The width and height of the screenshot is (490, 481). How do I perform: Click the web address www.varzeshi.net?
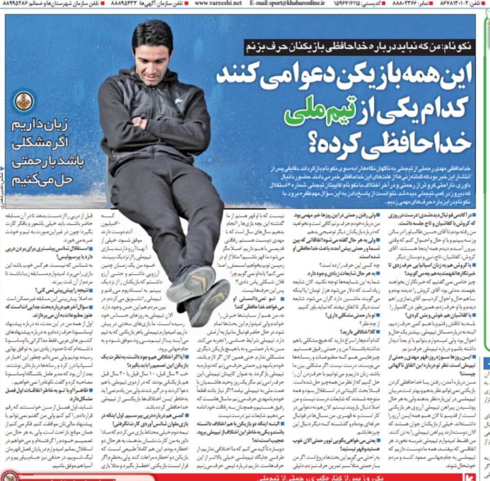218,4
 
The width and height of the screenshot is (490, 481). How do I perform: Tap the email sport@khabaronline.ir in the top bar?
287,4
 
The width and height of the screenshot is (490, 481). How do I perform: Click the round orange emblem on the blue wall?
24,101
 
